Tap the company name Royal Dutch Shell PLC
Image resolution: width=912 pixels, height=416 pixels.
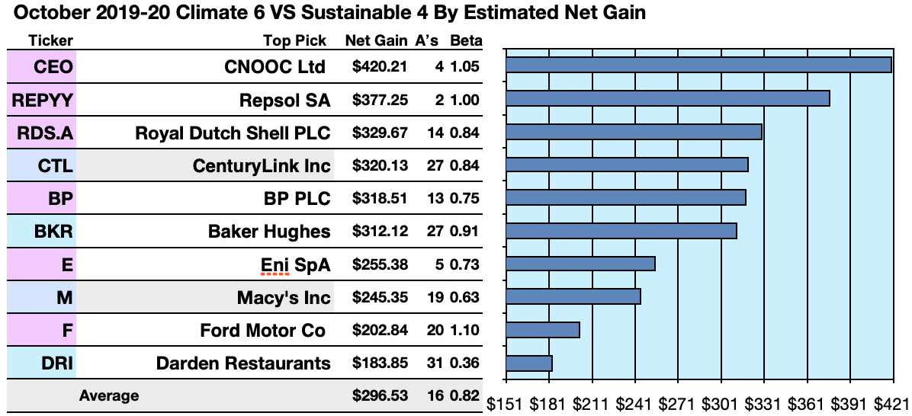tap(233, 133)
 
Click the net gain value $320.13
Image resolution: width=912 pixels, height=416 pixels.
tap(380, 165)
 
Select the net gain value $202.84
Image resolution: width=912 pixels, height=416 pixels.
tap(380, 330)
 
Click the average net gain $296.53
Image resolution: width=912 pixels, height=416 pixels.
tap(380, 395)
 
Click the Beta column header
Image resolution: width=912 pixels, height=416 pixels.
tap(465, 40)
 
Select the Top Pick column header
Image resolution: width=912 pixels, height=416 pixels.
tap(294, 40)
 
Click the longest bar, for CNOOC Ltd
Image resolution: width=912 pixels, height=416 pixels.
tap(698, 65)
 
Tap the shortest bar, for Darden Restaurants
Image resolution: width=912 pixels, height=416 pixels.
tap(528, 363)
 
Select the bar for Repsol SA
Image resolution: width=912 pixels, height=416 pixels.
tap(667, 98)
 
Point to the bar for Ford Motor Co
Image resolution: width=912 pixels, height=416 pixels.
tap(542, 330)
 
